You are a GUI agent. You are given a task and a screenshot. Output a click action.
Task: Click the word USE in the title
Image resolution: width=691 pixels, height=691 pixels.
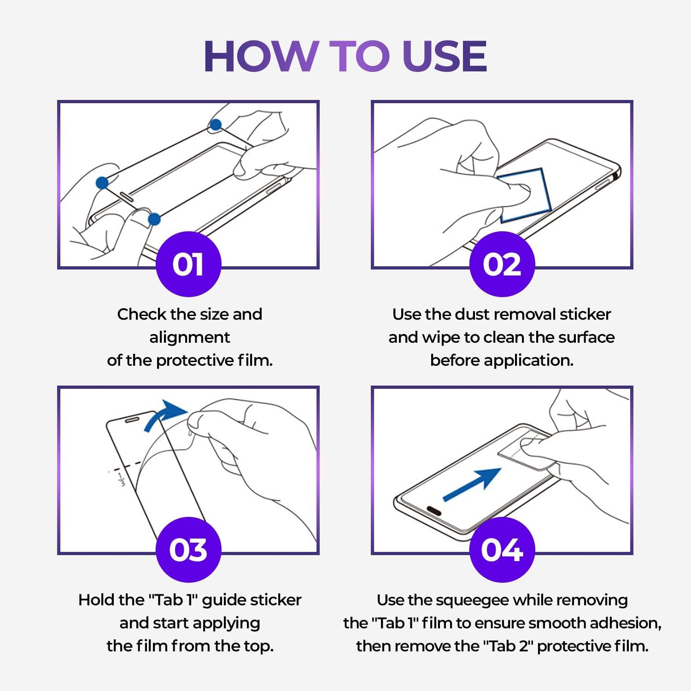click(445, 56)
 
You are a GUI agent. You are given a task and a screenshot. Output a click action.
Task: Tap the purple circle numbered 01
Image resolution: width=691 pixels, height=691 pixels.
click(188, 264)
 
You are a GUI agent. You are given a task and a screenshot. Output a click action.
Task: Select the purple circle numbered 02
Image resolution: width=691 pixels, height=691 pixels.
click(502, 264)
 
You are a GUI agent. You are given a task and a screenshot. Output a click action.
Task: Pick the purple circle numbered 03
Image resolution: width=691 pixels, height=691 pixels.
click(188, 550)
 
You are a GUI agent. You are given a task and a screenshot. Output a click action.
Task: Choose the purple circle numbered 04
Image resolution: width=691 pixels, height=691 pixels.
click(502, 550)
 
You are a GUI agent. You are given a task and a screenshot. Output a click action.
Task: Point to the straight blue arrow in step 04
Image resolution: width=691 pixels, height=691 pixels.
click(472, 485)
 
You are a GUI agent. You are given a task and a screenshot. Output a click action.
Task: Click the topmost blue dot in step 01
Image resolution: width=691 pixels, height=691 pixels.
click(216, 124)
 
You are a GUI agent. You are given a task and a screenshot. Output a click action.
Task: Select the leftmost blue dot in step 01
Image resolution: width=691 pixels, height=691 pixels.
click(102, 183)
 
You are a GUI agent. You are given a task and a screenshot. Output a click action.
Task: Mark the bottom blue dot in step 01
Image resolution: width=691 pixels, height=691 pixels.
click(154, 219)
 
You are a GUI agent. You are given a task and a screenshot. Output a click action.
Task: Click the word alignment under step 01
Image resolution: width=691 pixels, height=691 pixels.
click(190, 338)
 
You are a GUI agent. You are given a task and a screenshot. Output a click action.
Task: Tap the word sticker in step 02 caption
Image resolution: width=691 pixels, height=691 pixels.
click(585, 314)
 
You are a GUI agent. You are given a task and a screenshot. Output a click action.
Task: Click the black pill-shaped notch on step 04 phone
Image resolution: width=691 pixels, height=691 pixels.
click(433, 510)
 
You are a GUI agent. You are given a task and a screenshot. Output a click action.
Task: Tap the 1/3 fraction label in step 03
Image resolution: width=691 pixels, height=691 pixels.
click(122, 479)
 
